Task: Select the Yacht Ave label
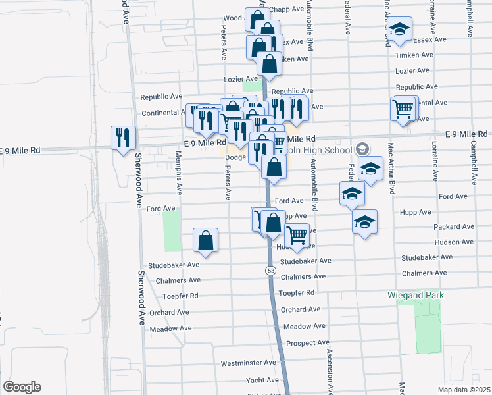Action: click(x=262, y=380)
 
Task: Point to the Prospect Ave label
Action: click(x=308, y=343)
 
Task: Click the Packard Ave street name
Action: click(x=454, y=226)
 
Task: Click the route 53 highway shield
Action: click(x=271, y=271)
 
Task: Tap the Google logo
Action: click(x=22, y=387)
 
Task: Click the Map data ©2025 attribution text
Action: click(x=464, y=390)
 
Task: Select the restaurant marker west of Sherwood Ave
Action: click(x=123, y=138)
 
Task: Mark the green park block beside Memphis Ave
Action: click(x=172, y=232)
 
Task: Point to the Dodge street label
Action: click(x=235, y=157)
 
